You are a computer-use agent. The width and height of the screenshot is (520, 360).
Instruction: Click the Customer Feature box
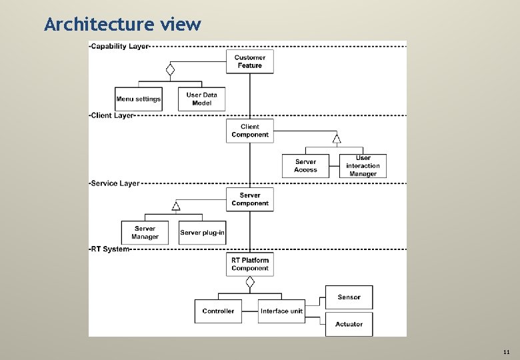(x=250, y=61)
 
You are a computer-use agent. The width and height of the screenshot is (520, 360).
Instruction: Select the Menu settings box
(x=139, y=99)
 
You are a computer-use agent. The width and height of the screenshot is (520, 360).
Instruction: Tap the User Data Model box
(x=202, y=99)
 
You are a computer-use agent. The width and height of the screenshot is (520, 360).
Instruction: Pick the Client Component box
(x=250, y=131)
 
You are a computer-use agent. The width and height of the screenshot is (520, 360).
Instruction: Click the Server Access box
(x=306, y=166)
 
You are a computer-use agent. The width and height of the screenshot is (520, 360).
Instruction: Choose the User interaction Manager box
(x=363, y=166)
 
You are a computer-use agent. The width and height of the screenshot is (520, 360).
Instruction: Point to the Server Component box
(x=250, y=199)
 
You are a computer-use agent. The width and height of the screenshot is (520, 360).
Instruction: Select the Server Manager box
(x=145, y=233)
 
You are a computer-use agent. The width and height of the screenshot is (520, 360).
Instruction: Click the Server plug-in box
(x=203, y=233)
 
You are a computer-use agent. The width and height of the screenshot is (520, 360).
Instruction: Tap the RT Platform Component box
(x=250, y=265)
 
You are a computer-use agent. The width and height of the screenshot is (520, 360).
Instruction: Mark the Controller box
(x=218, y=311)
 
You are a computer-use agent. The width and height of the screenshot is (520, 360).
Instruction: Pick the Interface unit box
(x=281, y=311)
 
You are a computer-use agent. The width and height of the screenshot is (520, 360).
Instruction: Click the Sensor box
(x=349, y=297)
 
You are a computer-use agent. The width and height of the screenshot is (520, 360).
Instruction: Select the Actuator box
(x=349, y=324)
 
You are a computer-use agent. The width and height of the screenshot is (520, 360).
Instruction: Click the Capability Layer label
(x=120, y=46)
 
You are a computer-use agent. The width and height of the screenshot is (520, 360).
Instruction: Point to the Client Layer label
(x=113, y=115)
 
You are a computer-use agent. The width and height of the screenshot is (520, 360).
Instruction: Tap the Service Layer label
(x=115, y=183)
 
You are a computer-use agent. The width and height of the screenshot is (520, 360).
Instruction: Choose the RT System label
(x=110, y=249)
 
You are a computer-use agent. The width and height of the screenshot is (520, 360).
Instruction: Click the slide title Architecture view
(x=122, y=25)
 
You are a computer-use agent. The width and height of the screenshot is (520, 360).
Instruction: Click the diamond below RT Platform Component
(x=250, y=282)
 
